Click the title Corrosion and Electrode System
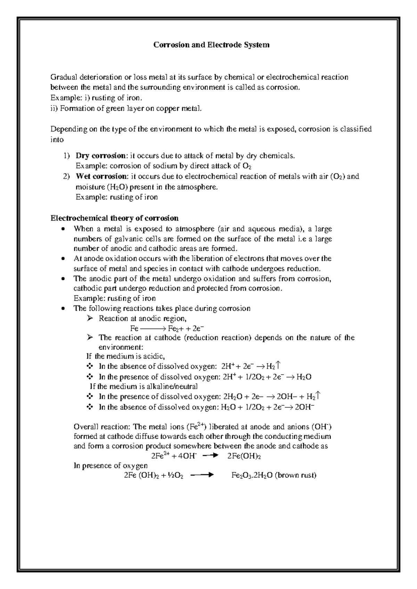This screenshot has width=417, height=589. [212, 45]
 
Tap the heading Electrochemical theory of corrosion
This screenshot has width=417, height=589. [115, 218]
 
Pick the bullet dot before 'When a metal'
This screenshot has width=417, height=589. [63, 229]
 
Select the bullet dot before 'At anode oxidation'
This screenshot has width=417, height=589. [63, 259]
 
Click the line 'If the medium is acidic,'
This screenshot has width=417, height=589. [125, 356]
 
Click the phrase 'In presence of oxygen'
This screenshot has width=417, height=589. [111, 466]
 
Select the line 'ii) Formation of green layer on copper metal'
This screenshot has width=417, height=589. [126, 108]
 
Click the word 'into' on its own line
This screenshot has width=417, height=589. [57, 140]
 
